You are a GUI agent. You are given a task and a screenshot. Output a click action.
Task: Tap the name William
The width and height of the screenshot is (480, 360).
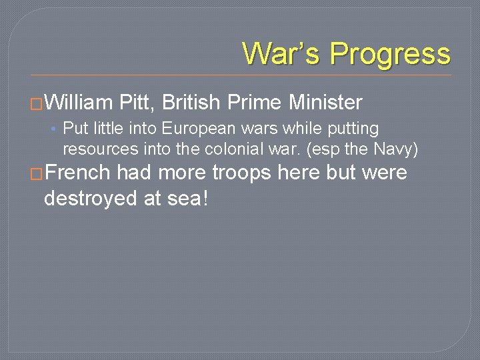[81, 103]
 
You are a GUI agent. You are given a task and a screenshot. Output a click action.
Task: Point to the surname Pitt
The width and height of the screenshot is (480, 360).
[137, 103]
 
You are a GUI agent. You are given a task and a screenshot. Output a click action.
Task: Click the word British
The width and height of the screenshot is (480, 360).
[191, 103]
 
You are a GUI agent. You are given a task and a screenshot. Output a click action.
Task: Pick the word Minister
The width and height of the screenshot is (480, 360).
[326, 103]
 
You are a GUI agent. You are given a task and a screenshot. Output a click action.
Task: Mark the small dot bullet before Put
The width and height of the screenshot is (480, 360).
[55, 129]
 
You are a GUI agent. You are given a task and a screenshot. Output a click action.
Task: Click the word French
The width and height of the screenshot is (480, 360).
[78, 173]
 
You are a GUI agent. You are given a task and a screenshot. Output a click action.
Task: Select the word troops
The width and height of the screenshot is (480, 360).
[242, 173]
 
